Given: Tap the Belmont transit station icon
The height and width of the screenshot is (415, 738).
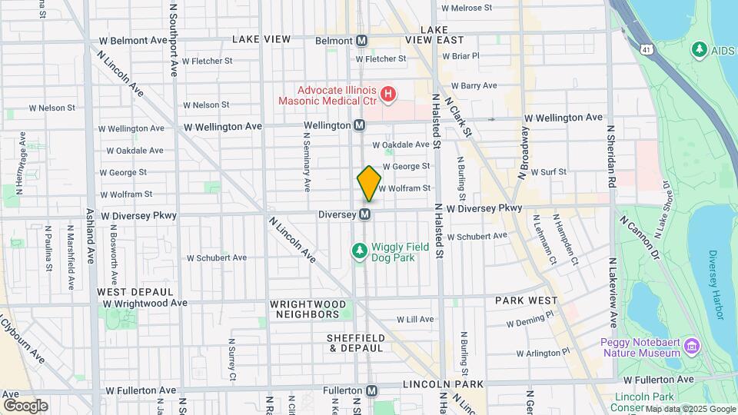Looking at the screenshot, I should point(362,40).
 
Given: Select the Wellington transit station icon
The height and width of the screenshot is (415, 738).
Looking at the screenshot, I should point(360,125).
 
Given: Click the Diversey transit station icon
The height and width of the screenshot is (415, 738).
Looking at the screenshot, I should point(366,214).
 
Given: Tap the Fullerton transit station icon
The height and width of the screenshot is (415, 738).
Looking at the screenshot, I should point(372,390).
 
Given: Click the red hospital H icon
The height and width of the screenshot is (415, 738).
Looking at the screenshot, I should point(388,95).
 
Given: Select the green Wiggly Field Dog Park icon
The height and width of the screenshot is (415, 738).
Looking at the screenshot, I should point(358,251).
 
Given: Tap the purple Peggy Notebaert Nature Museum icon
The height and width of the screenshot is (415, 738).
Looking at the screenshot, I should point(693,346).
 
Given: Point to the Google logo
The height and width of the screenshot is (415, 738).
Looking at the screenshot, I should point(25,405).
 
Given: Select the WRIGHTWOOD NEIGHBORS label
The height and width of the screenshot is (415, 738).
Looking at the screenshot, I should point(305,309).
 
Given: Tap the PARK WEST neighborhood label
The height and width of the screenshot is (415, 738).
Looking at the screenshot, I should point(526,300).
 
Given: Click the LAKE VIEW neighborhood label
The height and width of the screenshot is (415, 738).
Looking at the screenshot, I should point(261,38).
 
